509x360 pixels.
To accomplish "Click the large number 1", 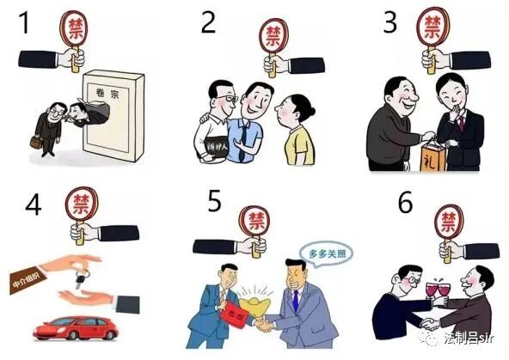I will tap(25, 23).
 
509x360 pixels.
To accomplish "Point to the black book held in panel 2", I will tap(213, 143).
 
